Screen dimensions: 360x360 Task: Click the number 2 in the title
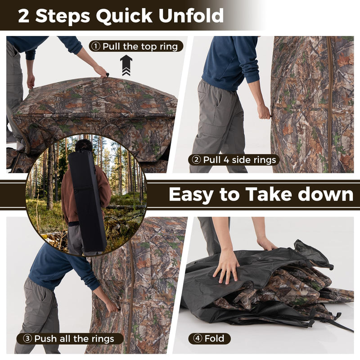point(24,16)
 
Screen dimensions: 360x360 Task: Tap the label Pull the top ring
point(140,46)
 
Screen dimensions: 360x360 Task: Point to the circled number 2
point(196,160)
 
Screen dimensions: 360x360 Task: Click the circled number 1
point(96,46)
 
